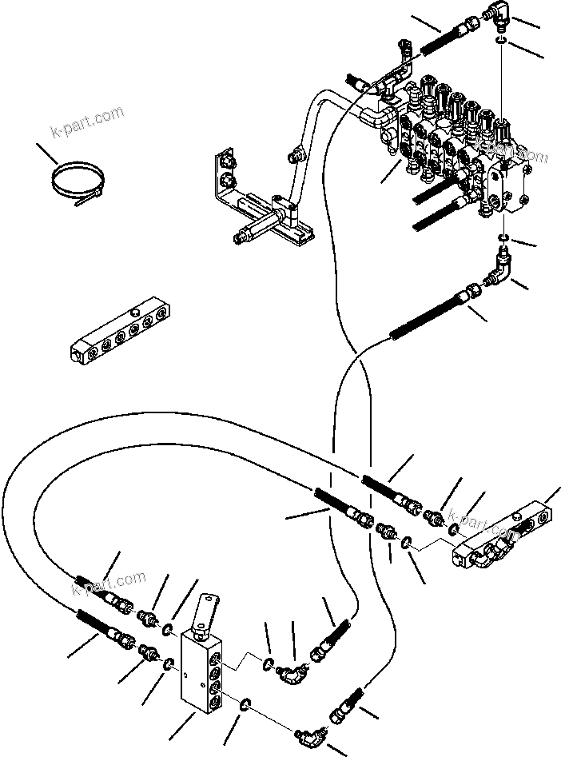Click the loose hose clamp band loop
coord(74,182)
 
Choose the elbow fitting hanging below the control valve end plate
coord(501,265)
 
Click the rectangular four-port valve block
coord(206,667)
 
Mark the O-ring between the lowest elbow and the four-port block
coord(246,703)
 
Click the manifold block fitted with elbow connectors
coord(503,540)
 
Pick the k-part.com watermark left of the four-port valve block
coord(109,584)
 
